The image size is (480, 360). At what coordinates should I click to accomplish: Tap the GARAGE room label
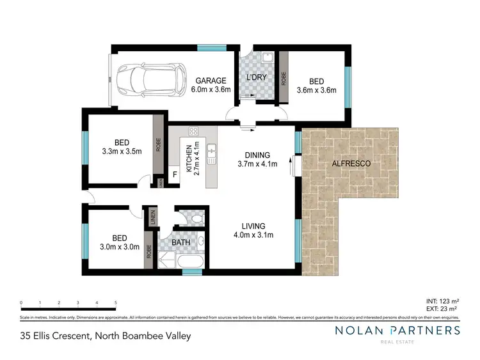211,81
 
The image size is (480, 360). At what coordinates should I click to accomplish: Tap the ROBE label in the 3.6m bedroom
284,77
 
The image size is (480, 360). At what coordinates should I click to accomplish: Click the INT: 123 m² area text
441,300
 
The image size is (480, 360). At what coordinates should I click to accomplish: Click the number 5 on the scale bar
115,302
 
